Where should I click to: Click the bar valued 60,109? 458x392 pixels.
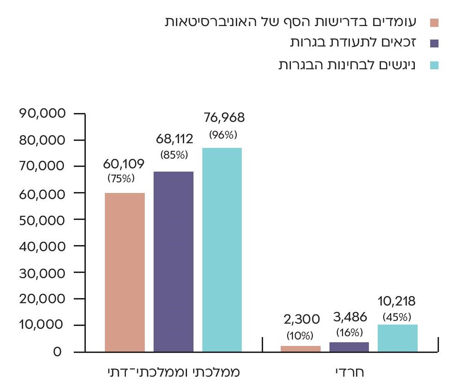124,272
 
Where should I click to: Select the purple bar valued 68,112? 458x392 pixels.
173,261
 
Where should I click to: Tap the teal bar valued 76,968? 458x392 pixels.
222,250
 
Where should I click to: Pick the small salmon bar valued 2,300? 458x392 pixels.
301,348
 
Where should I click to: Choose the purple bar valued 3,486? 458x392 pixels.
349,347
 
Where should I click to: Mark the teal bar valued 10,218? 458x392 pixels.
398,338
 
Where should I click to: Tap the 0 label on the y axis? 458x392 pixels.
57,352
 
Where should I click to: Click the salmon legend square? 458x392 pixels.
434,22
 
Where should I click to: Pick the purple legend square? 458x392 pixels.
434,44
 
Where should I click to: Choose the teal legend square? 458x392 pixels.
434,65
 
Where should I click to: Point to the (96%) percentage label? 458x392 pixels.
223,135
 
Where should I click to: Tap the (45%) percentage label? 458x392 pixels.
397,318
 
